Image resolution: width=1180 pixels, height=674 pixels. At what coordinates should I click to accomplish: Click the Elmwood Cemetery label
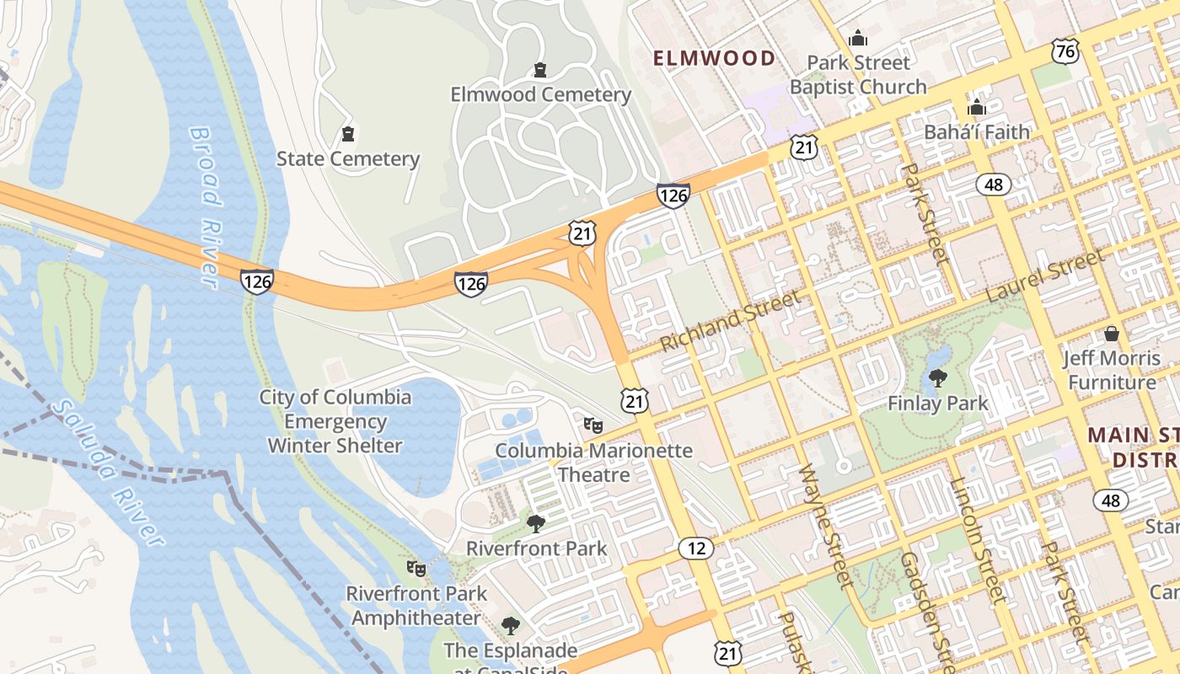[x=540, y=94]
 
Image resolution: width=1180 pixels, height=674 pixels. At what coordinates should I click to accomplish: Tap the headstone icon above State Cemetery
[x=347, y=134]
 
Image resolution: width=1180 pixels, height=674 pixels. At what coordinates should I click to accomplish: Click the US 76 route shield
[x=1065, y=51]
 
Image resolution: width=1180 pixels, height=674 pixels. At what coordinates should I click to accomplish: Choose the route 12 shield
[x=696, y=548]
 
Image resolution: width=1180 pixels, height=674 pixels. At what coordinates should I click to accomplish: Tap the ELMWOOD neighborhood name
[x=715, y=58]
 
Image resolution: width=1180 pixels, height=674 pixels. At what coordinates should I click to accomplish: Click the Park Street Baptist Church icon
[x=858, y=38]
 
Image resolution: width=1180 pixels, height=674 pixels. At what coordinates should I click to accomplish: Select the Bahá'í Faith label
[x=977, y=132]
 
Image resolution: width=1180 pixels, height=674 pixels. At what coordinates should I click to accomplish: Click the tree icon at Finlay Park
[x=937, y=378]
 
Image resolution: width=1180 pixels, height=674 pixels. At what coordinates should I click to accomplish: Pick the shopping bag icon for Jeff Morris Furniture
[x=1112, y=334]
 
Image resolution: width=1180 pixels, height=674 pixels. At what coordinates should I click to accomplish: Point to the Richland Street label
[x=730, y=321]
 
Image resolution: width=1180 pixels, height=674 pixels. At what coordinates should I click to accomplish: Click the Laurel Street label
[x=1044, y=276]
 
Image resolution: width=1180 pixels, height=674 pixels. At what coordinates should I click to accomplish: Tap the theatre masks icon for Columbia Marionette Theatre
[x=593, y=425]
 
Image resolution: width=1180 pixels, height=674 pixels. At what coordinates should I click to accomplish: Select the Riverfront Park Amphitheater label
[x=416, y=606]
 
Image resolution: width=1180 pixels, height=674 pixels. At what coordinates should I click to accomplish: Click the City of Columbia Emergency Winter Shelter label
[x=335, y=421]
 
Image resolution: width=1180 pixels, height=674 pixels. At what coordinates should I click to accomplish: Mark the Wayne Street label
[x=826, y=526]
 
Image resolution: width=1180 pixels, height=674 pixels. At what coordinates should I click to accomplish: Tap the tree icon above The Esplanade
[x=510, y=626]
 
